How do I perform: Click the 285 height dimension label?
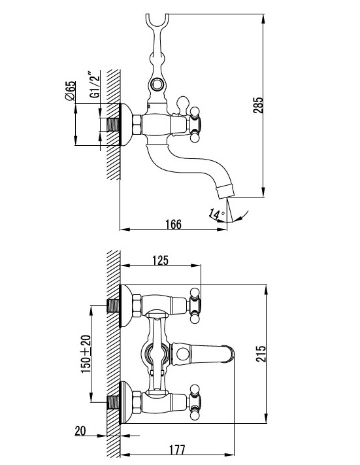(258, 105)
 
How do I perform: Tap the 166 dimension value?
(173, 224)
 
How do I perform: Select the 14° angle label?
(217, 214)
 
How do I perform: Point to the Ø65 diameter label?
(71, 91)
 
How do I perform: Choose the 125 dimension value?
(160, 260)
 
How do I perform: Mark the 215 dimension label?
(261, 354)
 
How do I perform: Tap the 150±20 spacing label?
(86, 354)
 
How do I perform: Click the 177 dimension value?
(177, 449)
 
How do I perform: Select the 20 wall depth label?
(80, 431)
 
